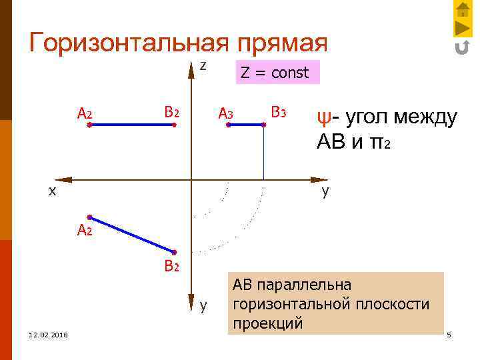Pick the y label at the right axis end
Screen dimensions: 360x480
325,191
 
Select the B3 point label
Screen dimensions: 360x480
278,112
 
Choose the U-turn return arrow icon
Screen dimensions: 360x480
462,47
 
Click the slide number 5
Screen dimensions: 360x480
449,334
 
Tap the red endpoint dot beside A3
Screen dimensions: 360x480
228,125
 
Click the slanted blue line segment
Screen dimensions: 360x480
131,234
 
